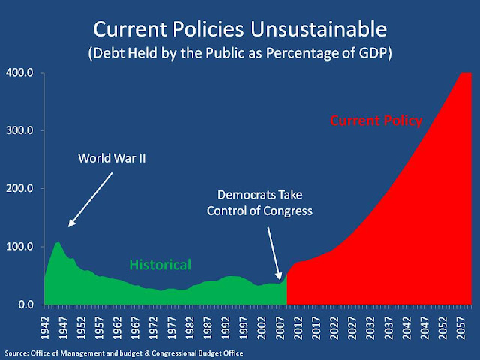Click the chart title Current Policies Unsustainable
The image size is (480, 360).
point(240,31)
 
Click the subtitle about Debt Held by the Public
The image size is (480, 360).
point(240,55)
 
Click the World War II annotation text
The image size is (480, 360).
point(112,159)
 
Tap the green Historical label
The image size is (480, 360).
point(160,264)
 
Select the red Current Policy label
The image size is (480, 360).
point(376,120)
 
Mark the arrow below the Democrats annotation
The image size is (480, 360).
point(278,259)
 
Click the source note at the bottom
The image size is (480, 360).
point(124,351)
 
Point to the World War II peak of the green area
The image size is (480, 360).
point(58,242)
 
